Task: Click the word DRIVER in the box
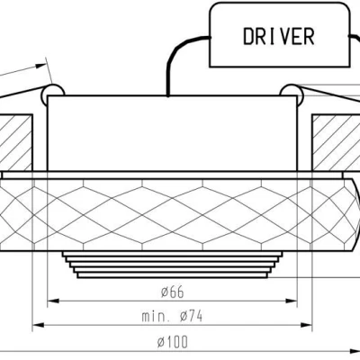tap(279, 36)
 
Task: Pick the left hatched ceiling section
tap(18, 139)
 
